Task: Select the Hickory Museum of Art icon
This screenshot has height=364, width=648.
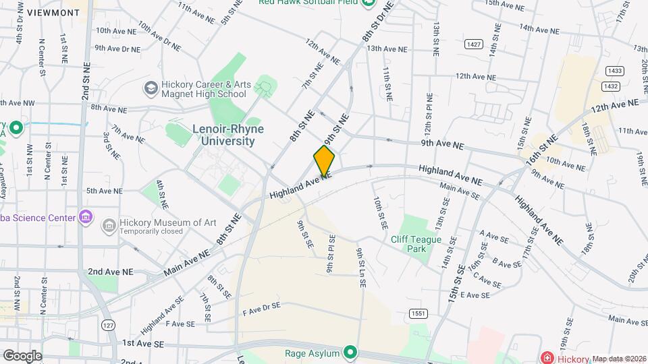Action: (x=107, y=224)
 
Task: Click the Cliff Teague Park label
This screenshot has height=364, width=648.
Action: (x=416, y=244)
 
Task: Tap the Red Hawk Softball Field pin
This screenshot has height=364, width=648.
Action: (x=368, y=2)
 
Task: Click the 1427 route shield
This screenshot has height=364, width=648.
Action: (x=474, y=44)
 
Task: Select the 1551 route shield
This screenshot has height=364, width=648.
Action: (x=416, y=313)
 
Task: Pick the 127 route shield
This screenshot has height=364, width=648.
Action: (x=107, y=325)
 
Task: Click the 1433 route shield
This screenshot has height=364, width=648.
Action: (x=614, y=71)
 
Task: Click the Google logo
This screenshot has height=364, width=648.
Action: (x=22, y=356)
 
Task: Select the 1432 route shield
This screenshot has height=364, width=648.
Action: (x=610, y=86)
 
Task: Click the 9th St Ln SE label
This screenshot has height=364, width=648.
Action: (x=360, y=268)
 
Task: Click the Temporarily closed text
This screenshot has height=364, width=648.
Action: (x=151, y=231)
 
